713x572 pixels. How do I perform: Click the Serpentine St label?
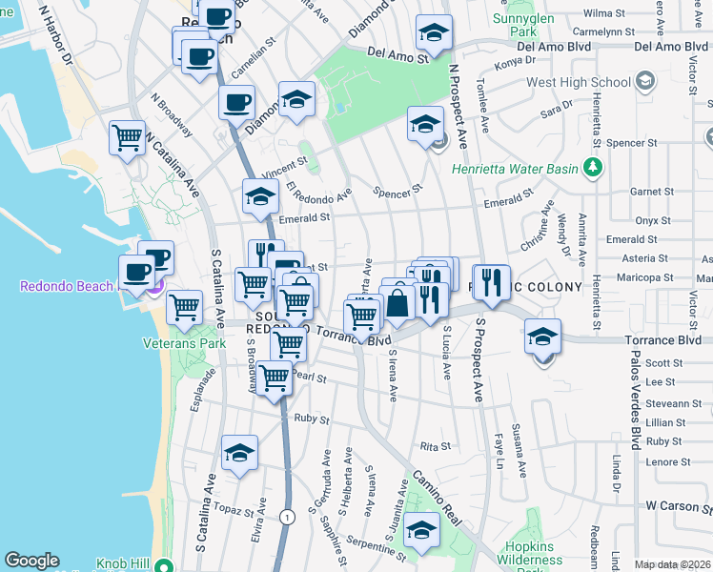[383, 539]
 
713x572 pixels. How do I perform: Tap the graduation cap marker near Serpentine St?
[421, 529]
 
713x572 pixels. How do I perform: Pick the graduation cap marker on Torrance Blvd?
[542, 337]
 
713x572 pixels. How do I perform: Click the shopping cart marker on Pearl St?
[275, 378]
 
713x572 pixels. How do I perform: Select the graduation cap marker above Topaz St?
[240, 453]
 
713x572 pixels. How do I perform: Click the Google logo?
[31, 561]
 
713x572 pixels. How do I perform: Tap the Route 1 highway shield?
[287, 516]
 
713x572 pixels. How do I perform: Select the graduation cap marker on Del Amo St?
[434, 33]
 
